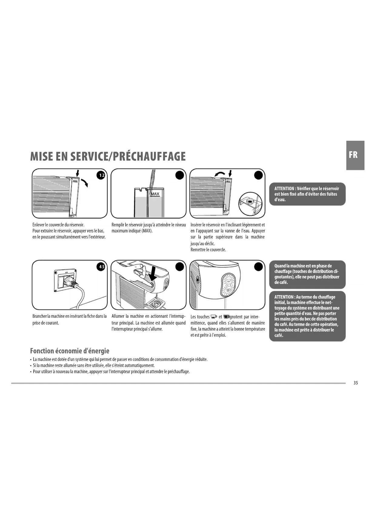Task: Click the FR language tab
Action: click(355, 155)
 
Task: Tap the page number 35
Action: click(355, 383)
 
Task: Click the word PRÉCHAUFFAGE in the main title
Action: click(148, 157)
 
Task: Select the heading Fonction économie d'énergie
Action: click(70, 351)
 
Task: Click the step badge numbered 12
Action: click(101, 175)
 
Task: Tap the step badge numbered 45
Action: click(101, 267)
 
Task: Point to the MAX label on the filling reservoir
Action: click(155, 194)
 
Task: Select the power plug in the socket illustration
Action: click(69, 281)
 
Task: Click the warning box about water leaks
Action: click(307, 194)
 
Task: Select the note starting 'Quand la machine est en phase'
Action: click(307, 274)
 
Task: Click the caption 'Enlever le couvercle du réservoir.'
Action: click(58, 225)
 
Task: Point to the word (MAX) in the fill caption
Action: click(147, 231)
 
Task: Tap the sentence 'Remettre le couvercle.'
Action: click(208, 250)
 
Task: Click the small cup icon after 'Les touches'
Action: click(214, 317)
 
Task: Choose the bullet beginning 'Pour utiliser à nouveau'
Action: click(111, 372)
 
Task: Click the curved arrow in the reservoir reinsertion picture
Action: click(219, 174)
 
